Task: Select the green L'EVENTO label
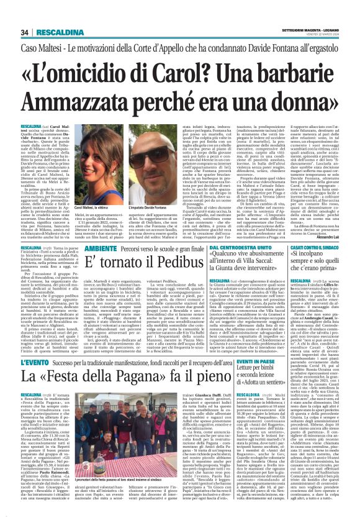point(38,362)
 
